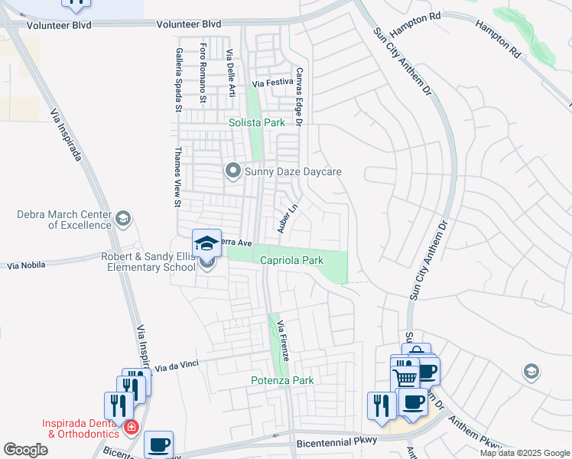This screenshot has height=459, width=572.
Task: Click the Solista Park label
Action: pos(257,122)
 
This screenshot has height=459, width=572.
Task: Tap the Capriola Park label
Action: pos(292,261)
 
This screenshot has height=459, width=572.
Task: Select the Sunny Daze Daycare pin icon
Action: pos(233,171)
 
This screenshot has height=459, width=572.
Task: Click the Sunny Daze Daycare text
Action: pos(293,171)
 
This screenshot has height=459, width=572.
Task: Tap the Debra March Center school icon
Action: pos(122,220)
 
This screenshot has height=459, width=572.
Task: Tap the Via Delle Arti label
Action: pos(229,73)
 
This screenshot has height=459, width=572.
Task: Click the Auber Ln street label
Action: pos(286,218)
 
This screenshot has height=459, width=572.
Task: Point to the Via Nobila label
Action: pos(26,265)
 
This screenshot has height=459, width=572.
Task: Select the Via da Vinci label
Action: pos(177,366)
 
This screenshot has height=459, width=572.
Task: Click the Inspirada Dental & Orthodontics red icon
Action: pos(132,426)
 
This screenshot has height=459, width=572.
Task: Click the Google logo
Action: pos(25,450)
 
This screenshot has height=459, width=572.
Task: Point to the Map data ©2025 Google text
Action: pos(525,453)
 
